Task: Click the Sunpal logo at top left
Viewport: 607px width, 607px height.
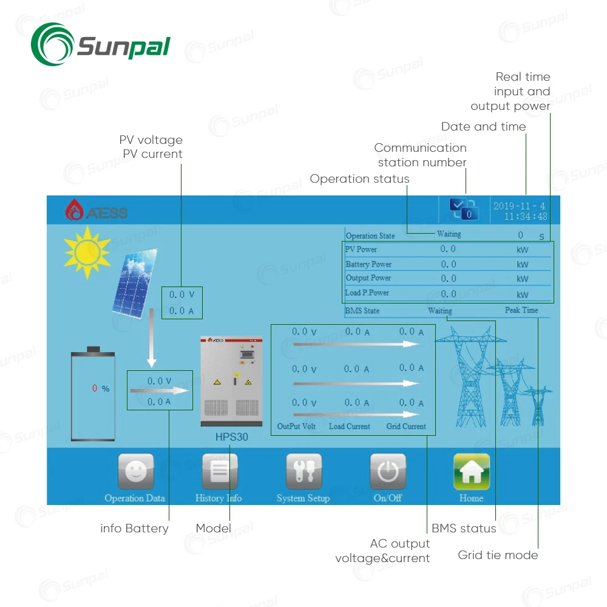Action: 100,44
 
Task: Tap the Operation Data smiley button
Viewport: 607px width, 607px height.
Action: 135,472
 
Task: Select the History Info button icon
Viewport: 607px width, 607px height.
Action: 219,472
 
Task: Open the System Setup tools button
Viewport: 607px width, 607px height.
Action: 303,472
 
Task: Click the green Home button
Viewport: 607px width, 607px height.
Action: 471,472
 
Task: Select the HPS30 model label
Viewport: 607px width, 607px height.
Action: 231,437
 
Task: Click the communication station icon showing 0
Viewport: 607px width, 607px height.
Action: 464,209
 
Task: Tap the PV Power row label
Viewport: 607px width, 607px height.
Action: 361,249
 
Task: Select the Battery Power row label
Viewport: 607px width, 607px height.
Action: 368,264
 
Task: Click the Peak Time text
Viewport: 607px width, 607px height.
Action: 521,310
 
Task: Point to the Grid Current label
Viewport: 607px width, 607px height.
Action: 406,426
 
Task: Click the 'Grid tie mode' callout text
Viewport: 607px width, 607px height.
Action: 498,555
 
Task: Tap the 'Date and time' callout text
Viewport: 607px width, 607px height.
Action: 483,127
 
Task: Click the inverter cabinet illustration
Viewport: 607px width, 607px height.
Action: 231,381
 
